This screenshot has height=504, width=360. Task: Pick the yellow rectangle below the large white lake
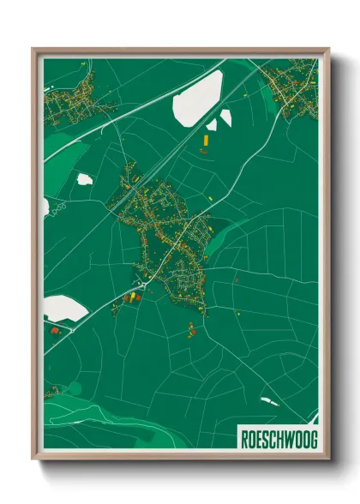(206, 136)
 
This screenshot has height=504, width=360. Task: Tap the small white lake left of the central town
(84, 179)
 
